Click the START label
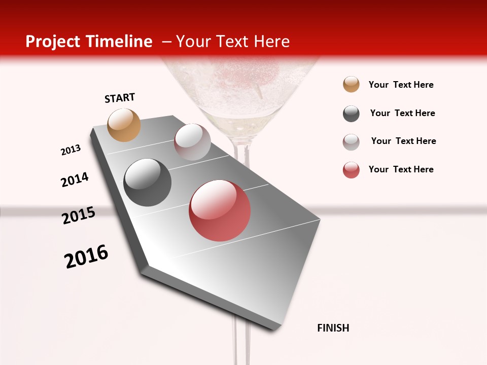point(120,98)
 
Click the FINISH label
point(333,328)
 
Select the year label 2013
point(71,150)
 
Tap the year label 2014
point(75,179)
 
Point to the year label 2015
point(79,215)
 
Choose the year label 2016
point(86,257)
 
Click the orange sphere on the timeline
point(124,125)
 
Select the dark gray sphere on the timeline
point(147,182)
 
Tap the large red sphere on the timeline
point(220,210)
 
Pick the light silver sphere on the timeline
point(192,142)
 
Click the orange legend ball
point(351,85)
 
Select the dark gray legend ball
point(351,114)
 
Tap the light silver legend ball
point(351,142)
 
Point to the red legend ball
point(351,170)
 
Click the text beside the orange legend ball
point(401,85)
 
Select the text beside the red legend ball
point(401,169)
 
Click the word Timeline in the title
point(121,42)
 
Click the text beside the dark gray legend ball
point(402,113)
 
